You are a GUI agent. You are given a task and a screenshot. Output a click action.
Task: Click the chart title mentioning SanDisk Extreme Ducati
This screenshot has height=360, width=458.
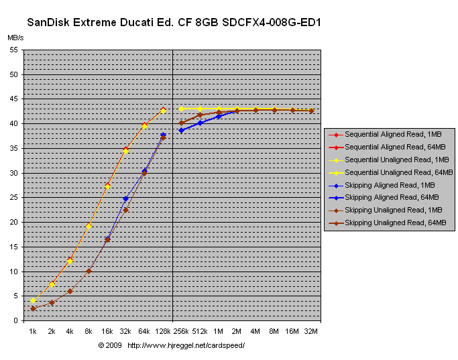174,23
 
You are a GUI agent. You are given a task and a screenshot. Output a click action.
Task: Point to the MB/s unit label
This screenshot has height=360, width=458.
15,37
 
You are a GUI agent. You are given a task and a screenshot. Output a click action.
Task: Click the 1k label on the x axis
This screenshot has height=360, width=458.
33,331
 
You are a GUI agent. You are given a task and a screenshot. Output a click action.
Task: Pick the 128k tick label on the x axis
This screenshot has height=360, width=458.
163,331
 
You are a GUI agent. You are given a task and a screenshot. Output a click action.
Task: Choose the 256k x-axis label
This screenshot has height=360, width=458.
181,331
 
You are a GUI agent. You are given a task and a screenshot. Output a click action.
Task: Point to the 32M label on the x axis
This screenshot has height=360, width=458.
311,331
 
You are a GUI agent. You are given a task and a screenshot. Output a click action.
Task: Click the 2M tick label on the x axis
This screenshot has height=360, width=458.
237,331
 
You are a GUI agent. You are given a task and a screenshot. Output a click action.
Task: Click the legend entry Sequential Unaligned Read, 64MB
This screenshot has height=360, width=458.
394,172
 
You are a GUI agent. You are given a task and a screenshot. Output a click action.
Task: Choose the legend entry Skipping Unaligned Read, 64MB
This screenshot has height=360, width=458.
394,223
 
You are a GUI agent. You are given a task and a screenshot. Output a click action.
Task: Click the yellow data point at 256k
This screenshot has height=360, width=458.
181,109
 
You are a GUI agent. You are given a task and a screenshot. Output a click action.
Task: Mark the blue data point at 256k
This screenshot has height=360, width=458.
181,130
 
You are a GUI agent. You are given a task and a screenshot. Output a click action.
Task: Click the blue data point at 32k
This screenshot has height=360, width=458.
125,198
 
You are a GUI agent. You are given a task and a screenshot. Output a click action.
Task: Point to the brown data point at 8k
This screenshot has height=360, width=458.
89,271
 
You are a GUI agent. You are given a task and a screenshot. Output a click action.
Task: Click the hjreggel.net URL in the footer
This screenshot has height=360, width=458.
186,345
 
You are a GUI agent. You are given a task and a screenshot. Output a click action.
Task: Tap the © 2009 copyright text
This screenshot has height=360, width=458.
109,345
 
